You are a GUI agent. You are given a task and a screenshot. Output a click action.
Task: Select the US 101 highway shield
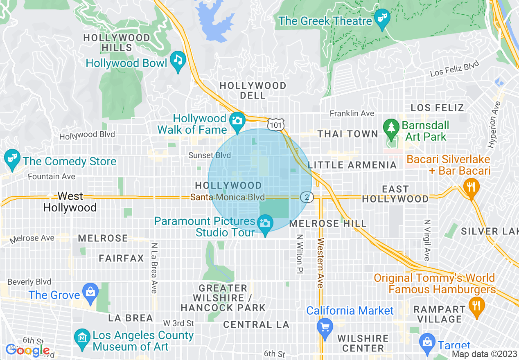click(x=276, y=124)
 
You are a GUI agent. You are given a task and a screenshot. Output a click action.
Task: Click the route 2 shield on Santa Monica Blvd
click(x=307, y=197)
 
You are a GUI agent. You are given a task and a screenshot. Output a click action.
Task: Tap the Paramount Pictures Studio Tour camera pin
click(x=265, y=224)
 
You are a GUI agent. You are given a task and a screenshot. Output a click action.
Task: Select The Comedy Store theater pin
click(x=11, y=159)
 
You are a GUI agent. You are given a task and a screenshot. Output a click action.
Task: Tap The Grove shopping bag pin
click(x=90, y=292)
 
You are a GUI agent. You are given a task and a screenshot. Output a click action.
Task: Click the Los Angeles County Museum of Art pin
click(x=82, y=339)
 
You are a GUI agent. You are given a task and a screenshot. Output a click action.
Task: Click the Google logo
click(x=27, y=350)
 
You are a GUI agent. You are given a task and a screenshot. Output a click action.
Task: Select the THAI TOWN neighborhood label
click(x=348, y=134)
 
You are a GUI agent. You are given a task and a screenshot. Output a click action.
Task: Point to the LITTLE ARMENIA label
click(x=352, y=165)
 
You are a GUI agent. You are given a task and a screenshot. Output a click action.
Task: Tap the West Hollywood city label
click(x=70, y=202)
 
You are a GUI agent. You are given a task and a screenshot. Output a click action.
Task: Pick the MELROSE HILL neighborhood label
click(x=328, y=224)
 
